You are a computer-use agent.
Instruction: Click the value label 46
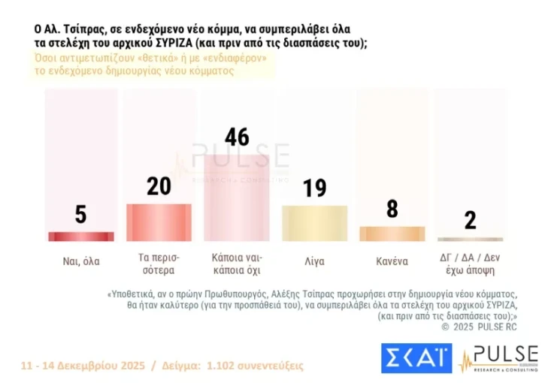point(237,137)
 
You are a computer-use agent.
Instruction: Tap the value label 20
point(159,186)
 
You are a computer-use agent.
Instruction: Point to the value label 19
point(314,188)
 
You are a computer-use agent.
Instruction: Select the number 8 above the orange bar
point(392,209)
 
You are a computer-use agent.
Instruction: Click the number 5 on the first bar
point(80,215)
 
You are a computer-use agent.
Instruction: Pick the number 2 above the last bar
point(471,220)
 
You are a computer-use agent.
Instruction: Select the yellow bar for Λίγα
point(314,222)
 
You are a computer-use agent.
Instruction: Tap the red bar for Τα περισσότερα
point(159,222)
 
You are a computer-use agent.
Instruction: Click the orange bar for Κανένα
point(392,233)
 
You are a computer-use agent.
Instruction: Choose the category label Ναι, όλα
point(81,262)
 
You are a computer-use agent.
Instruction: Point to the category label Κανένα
point(392,262)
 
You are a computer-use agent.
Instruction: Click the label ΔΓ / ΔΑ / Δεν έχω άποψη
point(470,262)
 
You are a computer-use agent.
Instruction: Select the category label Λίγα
point(314,262)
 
